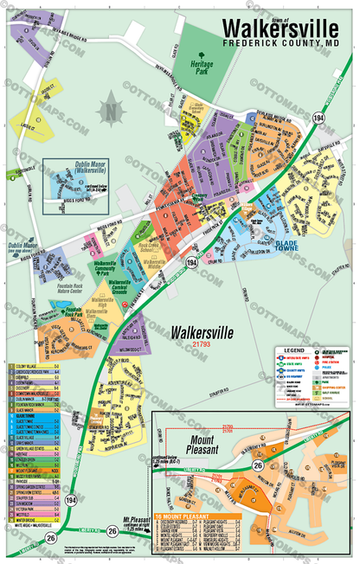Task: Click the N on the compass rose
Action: click(110, 111)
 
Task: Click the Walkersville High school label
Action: click(99, 304)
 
